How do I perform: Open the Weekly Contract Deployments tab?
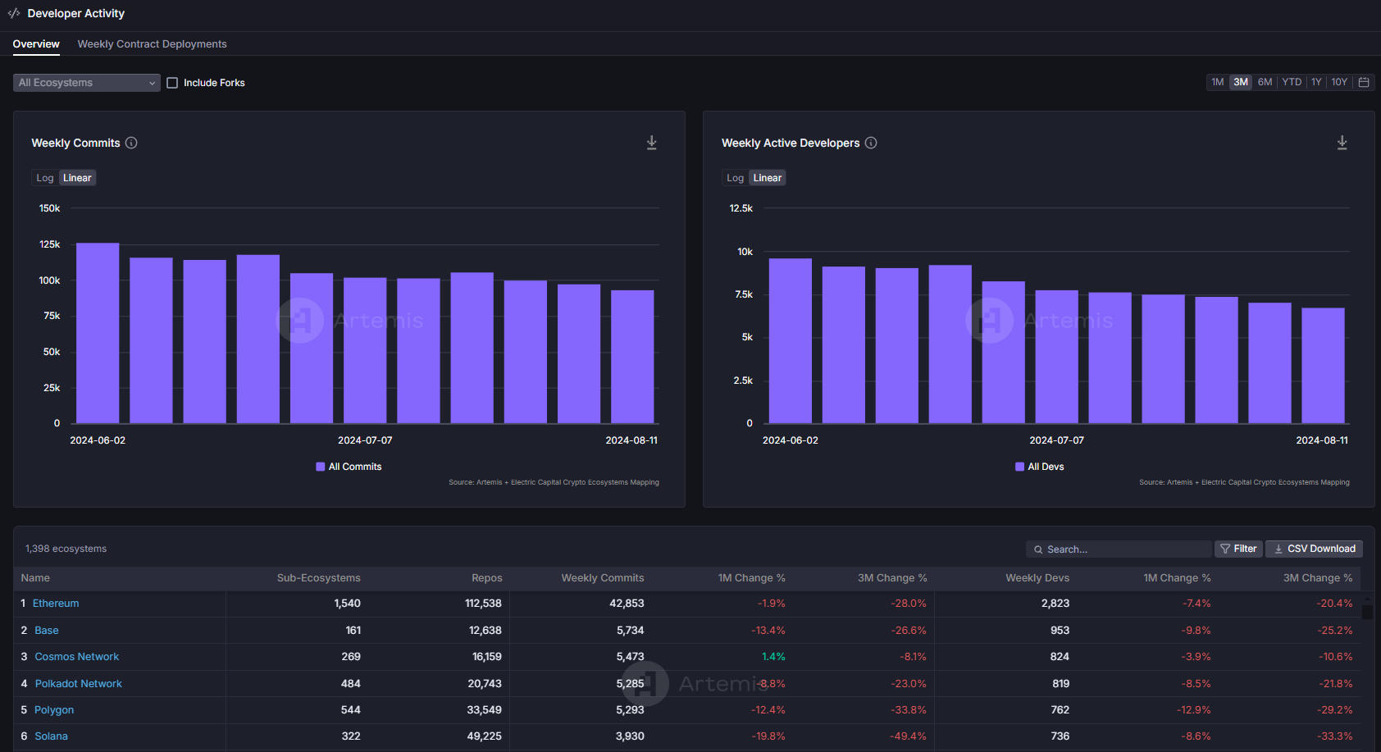click(152, 43)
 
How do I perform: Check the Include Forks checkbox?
click(172, 83)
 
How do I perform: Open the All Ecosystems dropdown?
click(86, 83)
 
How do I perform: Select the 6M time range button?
click(1265, 82)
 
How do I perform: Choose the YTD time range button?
click(1291, 82)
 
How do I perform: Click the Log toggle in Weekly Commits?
click(45, 177)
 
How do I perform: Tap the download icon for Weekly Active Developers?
click(1342, 143)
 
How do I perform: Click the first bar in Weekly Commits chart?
click(98, 333)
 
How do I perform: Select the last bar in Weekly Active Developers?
click(1323, 366)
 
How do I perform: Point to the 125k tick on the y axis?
click(49, 244)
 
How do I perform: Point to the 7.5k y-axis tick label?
click(744, 294)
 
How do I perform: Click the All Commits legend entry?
click(349, 467)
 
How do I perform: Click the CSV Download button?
click(1314, 549)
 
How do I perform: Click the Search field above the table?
click(1119, 549)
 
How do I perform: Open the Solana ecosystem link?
click(51, 736)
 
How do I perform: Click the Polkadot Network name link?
click(78, 683)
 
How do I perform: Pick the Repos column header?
click(487, 577)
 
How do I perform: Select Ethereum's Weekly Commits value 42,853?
click(627, 603)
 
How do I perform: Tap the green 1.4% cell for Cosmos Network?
click(773, 656)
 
